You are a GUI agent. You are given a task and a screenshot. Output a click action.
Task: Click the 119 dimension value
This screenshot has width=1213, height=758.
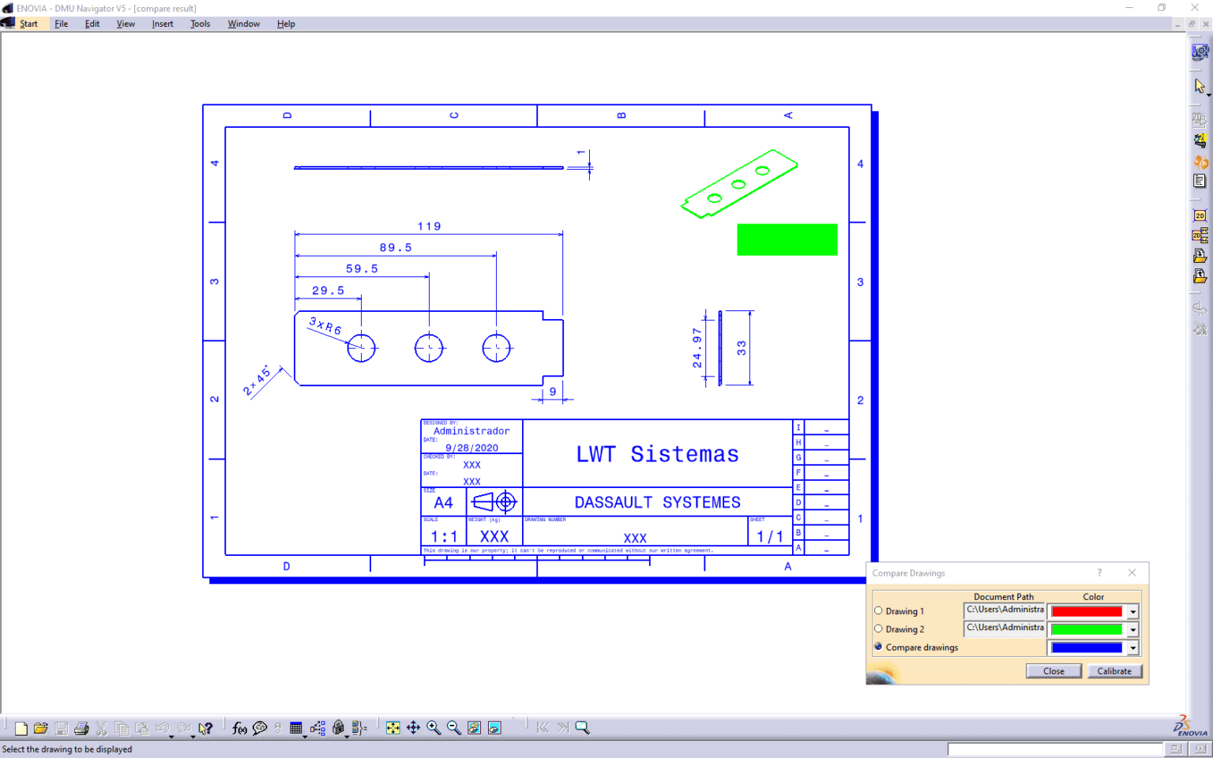(429, 227)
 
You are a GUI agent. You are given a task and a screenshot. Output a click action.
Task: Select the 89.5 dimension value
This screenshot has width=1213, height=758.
(395, 248)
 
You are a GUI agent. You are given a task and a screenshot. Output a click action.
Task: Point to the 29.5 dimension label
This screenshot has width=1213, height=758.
(328, 291)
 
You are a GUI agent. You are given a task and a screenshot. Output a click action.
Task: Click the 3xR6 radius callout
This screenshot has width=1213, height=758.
(325, 325)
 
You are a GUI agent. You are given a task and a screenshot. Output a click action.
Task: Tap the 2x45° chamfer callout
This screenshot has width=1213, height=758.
(257, 381)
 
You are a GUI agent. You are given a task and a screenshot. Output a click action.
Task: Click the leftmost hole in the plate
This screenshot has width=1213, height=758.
(362, 347)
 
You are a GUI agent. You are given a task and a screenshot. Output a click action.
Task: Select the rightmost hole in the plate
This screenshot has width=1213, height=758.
(497, 347)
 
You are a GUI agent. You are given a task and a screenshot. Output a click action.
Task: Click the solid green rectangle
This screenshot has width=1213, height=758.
(787, 239)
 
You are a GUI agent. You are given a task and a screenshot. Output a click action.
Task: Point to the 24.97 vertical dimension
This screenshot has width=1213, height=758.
(697, 347)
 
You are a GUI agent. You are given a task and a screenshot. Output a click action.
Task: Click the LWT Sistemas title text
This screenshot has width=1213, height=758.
(657, 454)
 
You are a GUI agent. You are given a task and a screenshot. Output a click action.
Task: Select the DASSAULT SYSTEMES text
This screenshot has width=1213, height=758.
(657, 502)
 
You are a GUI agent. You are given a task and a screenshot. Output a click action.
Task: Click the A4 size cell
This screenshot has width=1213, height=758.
(443, 502)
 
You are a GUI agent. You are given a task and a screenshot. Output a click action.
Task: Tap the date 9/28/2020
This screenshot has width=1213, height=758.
(471, 448)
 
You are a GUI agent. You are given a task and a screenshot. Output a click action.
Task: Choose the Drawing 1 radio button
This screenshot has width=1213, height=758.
(878, 611)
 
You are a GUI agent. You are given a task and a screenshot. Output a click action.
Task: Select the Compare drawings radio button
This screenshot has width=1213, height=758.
(878, 647)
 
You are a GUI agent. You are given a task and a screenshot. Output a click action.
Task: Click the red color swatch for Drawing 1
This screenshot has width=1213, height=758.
(1087, 612)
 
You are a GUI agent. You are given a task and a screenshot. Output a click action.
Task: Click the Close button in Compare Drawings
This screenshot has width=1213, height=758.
(1053, 671)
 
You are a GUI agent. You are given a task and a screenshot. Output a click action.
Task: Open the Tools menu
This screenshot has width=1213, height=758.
(200, 24)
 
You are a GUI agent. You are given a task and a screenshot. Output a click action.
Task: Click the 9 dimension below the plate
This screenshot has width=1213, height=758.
(553, 392)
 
